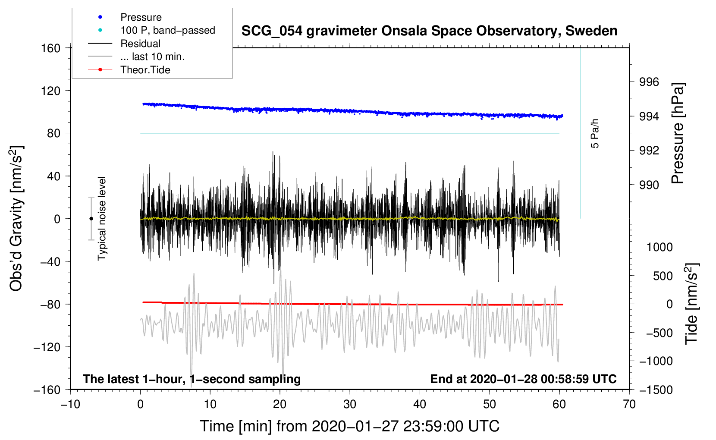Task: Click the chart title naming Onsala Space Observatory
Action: [429, 31]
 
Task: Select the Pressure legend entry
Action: [141, 17]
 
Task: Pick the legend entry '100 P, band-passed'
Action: [167, 30]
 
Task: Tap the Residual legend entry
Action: [140, 44]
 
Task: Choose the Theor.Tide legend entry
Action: [145, 70]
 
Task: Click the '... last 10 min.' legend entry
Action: [152, 57]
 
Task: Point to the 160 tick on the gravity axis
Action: [51, 48]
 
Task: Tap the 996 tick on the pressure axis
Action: [649, 82]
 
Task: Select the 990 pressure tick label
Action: [649, 185]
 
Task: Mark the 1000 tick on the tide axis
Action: [659, 247]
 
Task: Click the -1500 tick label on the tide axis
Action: [656, 390]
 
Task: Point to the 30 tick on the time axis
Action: [350, 404]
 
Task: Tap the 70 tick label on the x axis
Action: [629, 404]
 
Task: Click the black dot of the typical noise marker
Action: [91, 219]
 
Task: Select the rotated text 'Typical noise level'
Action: [102, 218]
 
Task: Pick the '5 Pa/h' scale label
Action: [595, 133]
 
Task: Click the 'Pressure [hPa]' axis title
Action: [678, 133]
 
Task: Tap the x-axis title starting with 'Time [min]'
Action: [349, 426]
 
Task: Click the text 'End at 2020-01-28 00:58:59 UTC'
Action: [523, 379]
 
